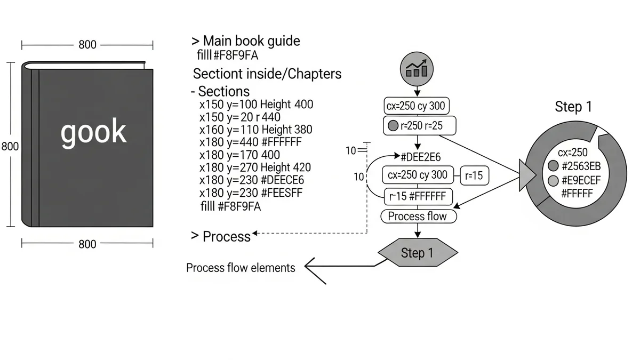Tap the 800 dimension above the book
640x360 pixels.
(x=87, y=45)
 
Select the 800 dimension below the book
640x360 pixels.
(x=87, y=244)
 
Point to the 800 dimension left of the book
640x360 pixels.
(x=10, y=146)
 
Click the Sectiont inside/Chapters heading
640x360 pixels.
(x=267, y=74)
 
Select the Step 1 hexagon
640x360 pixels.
(x=417, y=253)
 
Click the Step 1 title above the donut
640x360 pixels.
(x=573, y=107)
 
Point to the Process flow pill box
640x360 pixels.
(x=418, y=217)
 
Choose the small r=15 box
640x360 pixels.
(x=474, y=175)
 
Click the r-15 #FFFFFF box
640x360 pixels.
(x=418, y=196)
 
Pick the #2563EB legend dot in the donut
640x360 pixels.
(x=553, y=166)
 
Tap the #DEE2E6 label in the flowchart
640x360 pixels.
(x=423, y=156)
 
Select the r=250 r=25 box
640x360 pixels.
(x=420, y=126)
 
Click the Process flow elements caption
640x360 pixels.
(x=241, y=268)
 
